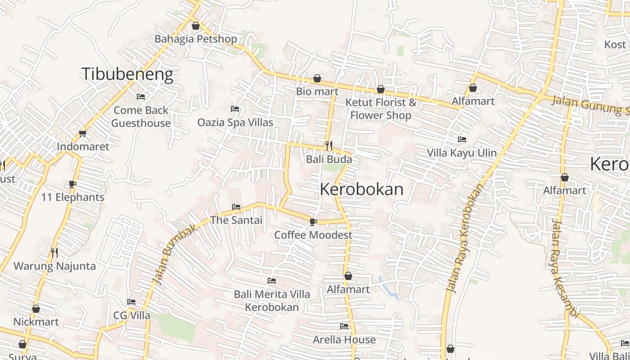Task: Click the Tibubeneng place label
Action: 127,74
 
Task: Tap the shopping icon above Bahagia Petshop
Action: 195,26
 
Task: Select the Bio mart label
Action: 317,91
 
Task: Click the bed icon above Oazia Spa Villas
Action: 234,109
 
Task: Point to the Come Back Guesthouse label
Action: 141,117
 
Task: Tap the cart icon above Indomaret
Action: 82,134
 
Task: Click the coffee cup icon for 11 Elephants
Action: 72,184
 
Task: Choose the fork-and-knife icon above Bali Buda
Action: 329,146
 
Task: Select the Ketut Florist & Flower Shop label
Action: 381,109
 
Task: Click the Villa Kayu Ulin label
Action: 462,153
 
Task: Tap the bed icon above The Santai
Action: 236,207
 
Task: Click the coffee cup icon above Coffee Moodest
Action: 313,222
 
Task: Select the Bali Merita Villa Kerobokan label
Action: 272,301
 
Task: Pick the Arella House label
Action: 344,340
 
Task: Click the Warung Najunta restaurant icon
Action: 54,253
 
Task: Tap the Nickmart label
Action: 36,322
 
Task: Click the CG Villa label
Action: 131,315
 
